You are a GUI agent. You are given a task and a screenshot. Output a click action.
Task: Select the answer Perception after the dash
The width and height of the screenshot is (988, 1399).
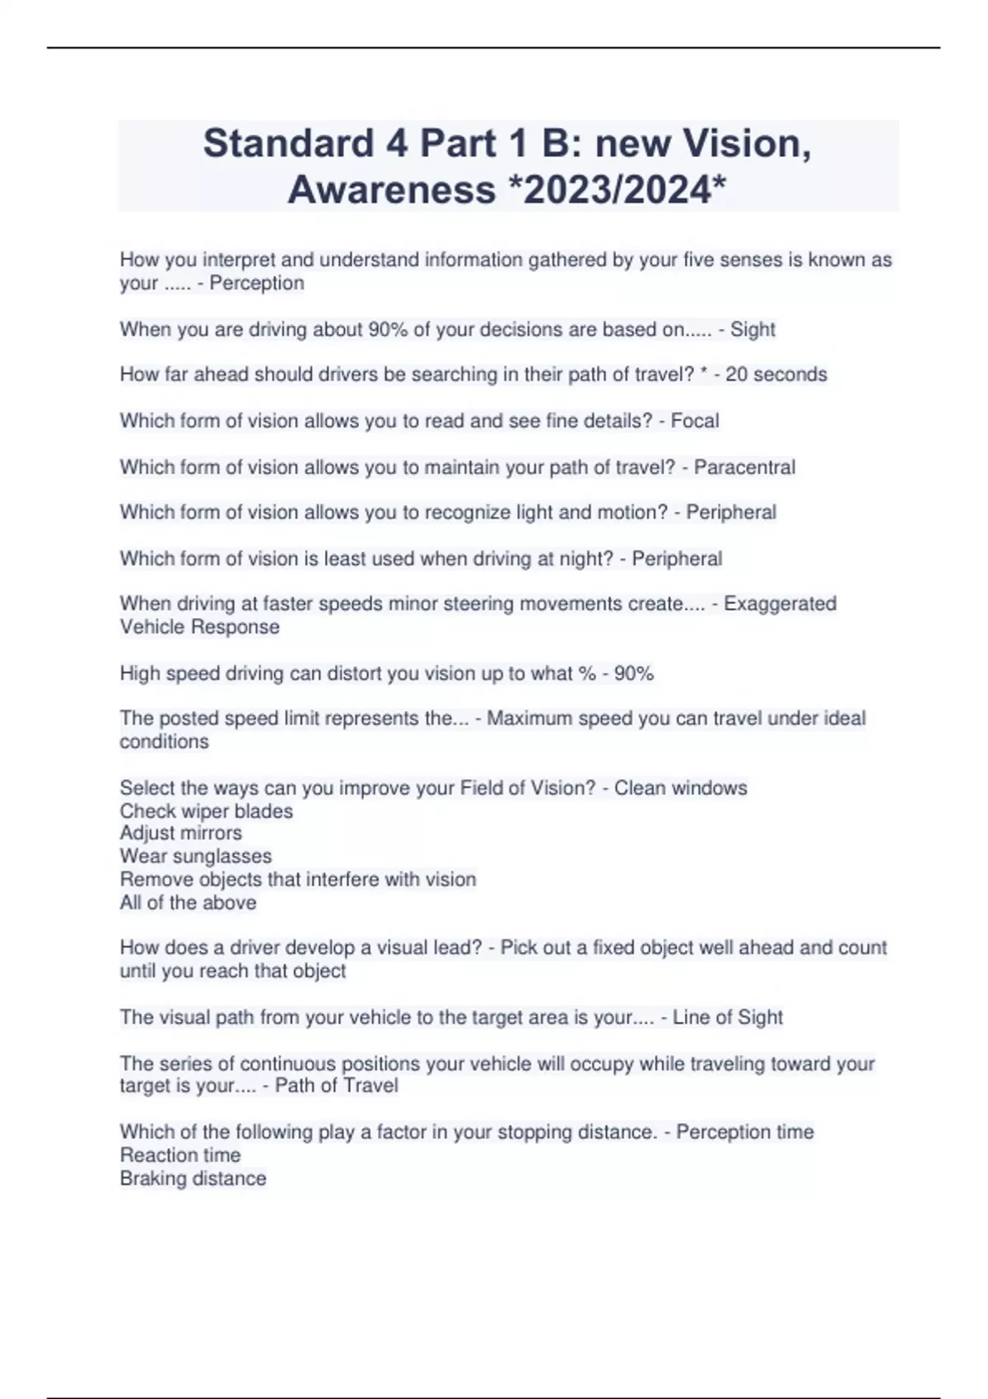[x=257, y=283]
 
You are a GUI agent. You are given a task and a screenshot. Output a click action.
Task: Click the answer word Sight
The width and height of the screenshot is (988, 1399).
[x=753, y=330]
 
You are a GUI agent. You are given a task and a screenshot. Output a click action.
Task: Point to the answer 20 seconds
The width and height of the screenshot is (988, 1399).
[x=776, y=374]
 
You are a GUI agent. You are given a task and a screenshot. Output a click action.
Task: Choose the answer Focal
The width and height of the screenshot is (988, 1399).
[x=695, y=421]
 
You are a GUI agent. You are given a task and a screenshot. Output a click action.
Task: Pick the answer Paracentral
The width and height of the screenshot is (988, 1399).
[x=744, y=467]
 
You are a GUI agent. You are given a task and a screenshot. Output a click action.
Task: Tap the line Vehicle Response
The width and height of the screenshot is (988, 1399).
[x=200, y=627]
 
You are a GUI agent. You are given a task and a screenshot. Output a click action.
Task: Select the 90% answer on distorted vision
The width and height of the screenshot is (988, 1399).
[x=634, y=674]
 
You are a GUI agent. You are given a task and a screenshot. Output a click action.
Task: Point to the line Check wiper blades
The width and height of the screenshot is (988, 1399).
[x=207, y=811]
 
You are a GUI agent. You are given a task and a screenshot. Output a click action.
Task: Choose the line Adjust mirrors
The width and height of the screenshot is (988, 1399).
[x=181, y=833]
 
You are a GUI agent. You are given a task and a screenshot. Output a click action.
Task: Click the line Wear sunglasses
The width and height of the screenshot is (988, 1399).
[x=196, y=856]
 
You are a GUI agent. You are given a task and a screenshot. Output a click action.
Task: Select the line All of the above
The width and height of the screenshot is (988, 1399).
[x=189, y=903]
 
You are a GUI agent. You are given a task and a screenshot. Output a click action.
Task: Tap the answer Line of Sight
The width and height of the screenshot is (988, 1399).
[x=727, y=1018]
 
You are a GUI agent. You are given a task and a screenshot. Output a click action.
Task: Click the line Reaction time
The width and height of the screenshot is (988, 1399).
[x=180, y=1155]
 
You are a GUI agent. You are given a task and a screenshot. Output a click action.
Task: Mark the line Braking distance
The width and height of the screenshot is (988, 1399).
[x=193, y=1178]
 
